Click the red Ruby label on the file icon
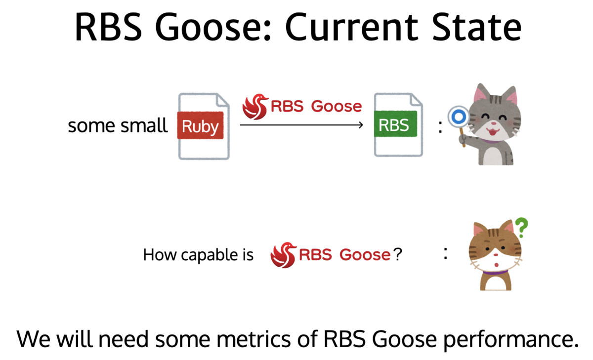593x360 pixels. [x=200, y=125]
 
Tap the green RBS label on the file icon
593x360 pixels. [x=395, y=124]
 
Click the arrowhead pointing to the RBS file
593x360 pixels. [x=361, y=125]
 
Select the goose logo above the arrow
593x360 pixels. [x=255, y=107]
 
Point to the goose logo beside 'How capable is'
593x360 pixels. [x=283, y=255]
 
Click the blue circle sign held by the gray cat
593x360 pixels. [x=459, y=117]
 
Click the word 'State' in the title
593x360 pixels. [x=476, y=28]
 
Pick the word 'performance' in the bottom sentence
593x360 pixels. [x=511, y=340]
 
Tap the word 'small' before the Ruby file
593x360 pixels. [x=144, y=125]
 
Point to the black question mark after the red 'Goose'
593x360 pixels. [x=398, y=254]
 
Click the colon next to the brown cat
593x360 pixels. [x=446, y=254]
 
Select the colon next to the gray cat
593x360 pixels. [x=440, y=127]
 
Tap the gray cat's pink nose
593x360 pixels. [x=494, y=123]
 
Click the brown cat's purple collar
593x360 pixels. [x=495, y=273]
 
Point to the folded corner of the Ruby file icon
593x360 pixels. [x=222, y=101]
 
